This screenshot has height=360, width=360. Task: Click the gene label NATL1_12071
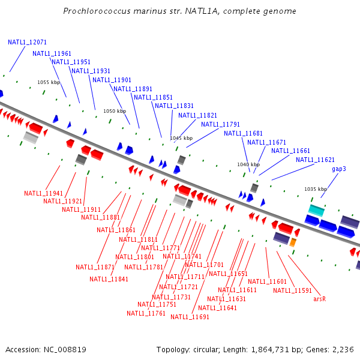(x=27, y=43)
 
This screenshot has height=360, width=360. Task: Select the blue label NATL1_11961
(x=52, y=53)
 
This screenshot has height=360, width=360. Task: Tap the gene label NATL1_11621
(x=315, y=160)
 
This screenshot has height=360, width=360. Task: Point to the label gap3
(x=339, y=169)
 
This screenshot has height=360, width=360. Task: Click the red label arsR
(x=319, y=298)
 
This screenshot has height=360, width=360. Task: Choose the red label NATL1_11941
(x=43, y=193)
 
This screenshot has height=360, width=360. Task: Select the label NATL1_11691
(x=190, y=317)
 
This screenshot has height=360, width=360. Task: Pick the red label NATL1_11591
(x=292, y=290)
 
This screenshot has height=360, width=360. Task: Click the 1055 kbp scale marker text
(x=49, y=82)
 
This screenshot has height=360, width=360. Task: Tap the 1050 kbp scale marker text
(x=115, y=111)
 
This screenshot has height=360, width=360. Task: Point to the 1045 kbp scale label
(x=181, y=138)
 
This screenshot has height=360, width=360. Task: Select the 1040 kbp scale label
(x=248, y=164)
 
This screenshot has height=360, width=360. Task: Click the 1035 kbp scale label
(x=315, y=189)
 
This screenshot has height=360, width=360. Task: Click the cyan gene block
(x=316, y=210)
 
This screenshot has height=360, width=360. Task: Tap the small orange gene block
(x=293, y=242)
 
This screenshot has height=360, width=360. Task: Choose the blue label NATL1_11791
(x=220, y=125)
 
